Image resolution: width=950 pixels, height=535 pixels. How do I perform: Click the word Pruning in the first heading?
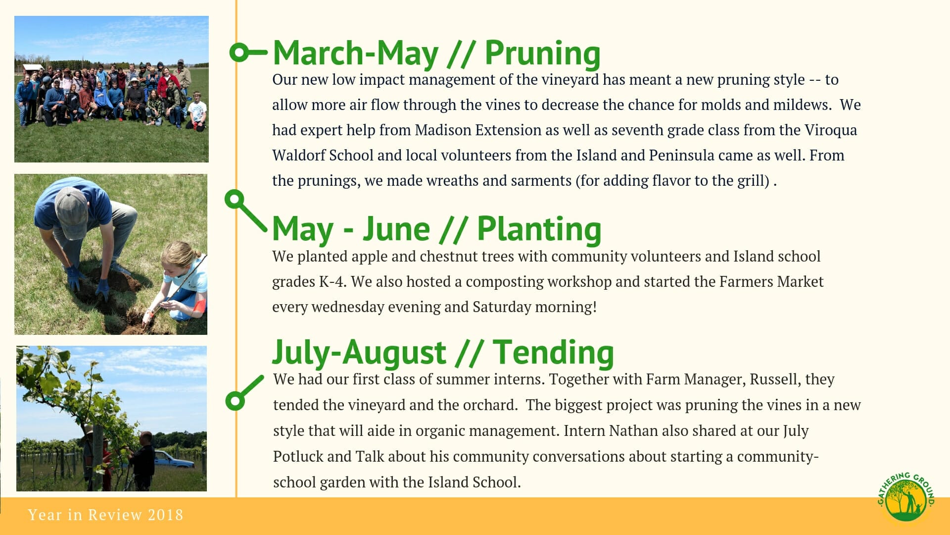(x=542, y=53)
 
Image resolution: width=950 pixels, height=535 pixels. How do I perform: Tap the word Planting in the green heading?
(x=539, y=229)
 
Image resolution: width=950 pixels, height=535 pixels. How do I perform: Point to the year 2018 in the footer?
(x=165, y=515)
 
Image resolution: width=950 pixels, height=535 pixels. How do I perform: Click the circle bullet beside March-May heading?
(x=239, y=52)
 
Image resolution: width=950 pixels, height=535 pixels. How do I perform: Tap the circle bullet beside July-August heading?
(x=235, y=400)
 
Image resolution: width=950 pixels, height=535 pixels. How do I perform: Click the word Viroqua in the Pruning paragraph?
(x=830, y=130)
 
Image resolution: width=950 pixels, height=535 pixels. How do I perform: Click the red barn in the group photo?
(x=33, y=68)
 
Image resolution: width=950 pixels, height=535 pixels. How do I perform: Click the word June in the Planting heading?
(x=396, y=229)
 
